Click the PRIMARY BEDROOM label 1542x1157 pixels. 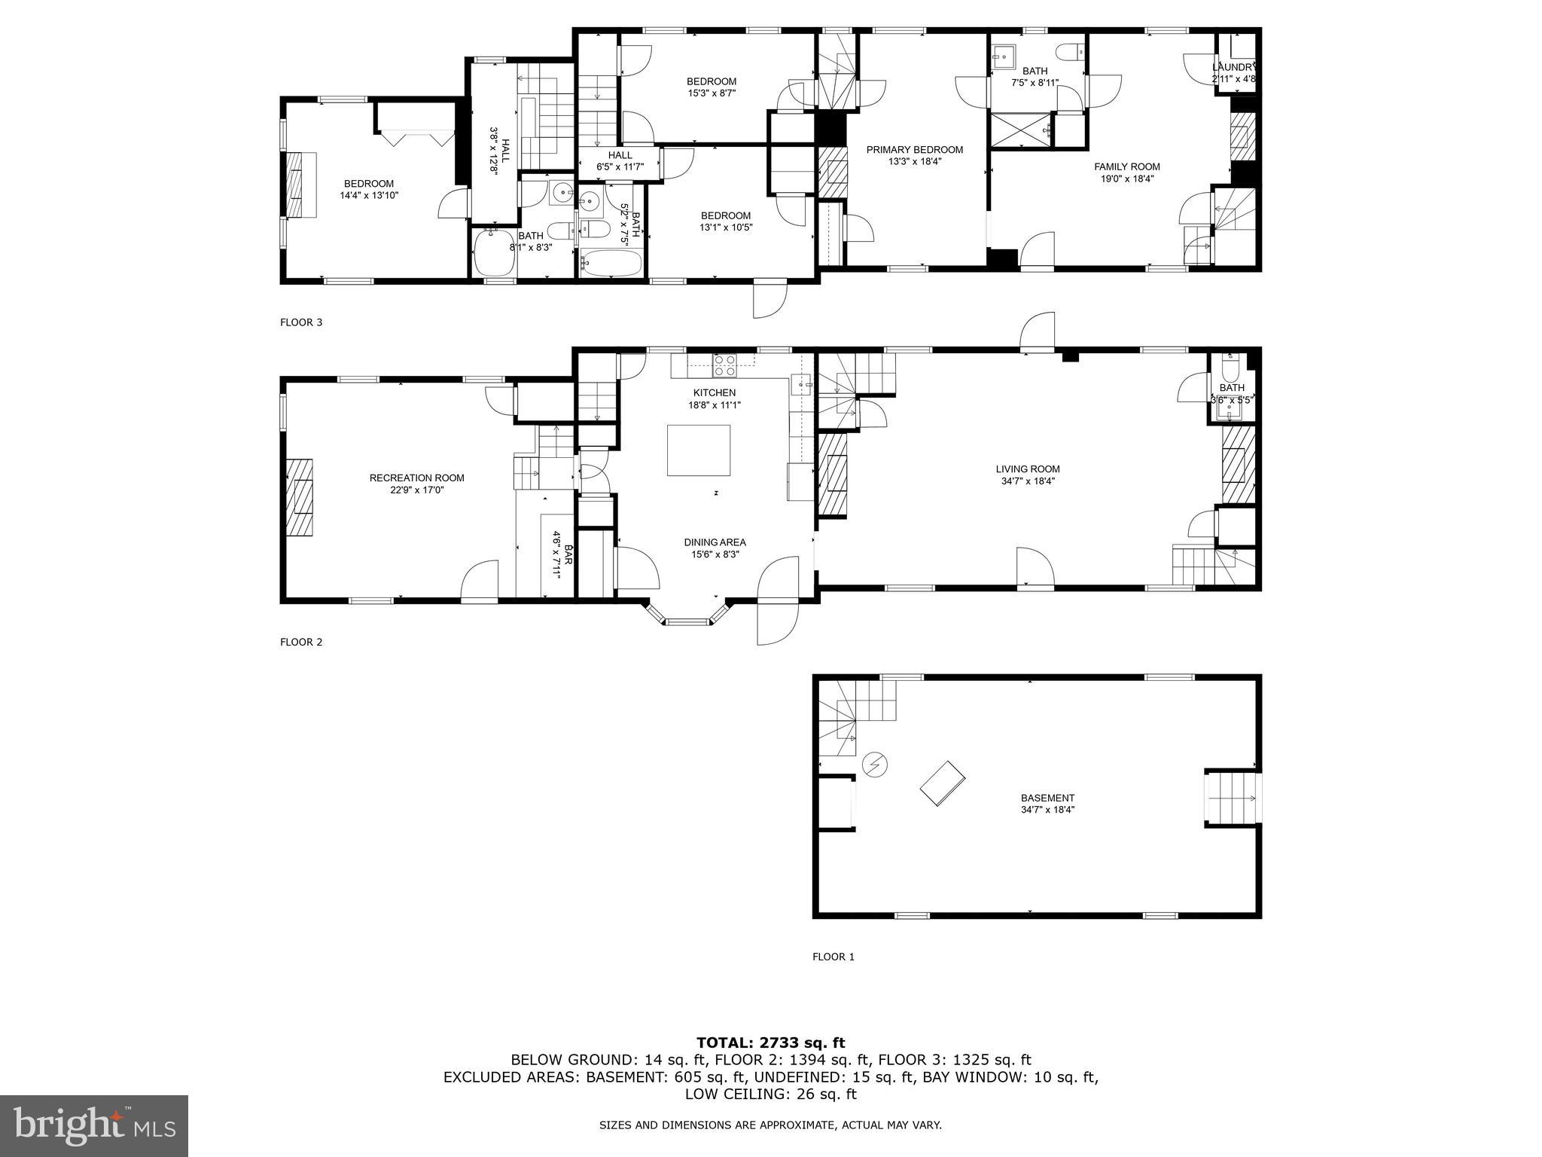click(914, 149)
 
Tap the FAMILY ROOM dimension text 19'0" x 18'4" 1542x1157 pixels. click(1126, 179)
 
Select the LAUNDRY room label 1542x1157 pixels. click(1233, 67)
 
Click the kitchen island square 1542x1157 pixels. click(698, 450)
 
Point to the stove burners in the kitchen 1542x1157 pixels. click(724, 365)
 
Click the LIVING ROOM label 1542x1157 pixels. click(1027, 469)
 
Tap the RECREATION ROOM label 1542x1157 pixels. click(416, 478)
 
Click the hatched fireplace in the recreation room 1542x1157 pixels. click(303, 497)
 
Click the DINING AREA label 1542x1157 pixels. click(715, 542)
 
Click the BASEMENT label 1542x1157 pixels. click(1047, 798)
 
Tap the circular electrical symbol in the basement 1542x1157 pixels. click(875, 765)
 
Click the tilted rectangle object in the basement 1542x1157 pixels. click(943, 783)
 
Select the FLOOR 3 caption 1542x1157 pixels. click(301, 322)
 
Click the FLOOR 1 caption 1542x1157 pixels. click(833, 957)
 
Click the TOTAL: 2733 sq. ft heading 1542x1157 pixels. click(770, 1043)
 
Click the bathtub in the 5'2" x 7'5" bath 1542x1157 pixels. click(611, 264)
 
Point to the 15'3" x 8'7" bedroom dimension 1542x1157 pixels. click(711, 93)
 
